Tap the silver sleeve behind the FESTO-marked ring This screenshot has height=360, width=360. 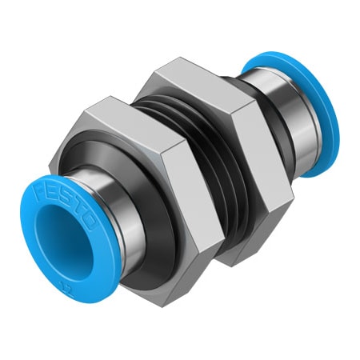(120, 224)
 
